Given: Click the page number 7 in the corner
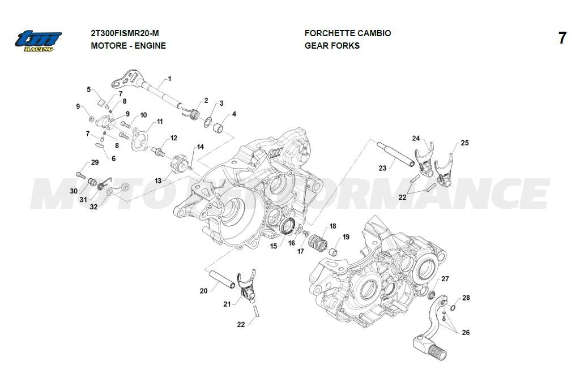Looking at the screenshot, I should [562, 38].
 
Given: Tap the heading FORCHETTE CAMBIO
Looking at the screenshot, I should [347, 33].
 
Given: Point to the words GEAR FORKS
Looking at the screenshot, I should [332, 45].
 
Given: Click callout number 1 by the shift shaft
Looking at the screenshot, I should [169, 79].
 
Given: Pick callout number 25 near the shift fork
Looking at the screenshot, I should [464, 143].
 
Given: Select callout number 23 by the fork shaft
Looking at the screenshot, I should [383, 167].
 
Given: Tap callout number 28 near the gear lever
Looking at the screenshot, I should [466, 298].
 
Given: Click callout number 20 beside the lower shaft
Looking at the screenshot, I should [204, 291].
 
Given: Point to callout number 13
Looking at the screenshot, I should [157, 180].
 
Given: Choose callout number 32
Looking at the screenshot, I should [93, 207].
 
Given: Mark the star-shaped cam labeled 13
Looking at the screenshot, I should [178, 166].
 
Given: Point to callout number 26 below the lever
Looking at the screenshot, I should [465, 333].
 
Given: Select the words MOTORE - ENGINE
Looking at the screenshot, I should [128, 45].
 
